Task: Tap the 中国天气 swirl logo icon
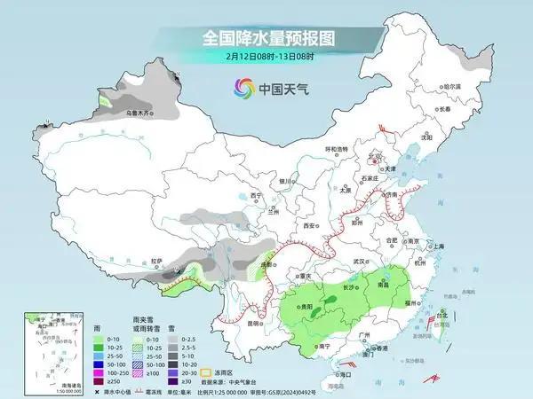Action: click(243, 88)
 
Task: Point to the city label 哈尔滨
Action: click(452, 86)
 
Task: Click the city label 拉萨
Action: click(157, 261)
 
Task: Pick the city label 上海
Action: click(438, 247)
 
